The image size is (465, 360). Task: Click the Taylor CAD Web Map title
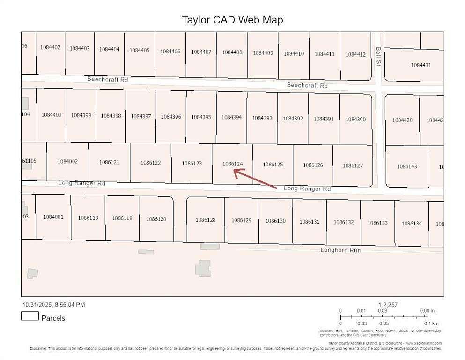pyautogui.click(x=232, y=20)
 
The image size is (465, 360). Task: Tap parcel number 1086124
pyautogui.click(x=233, y=164)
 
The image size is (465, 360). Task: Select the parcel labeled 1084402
pyautogui.click(x=50, y=47)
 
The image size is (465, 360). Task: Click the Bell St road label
pyautogui.click(x=378, y=56)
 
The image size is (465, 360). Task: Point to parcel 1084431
pyautogui.click(x=421, y=65)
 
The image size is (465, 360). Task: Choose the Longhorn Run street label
pyautogui.click(x=340, y=250)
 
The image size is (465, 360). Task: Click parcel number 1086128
pyautogui.click(x=206, y=220)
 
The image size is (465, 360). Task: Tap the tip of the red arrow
pyautogui.click(x=234, y=171)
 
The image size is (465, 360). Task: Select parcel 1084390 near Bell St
pyautogui.click(x=355, y=120)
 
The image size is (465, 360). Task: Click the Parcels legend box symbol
pyautogui.click(x=30, y=316)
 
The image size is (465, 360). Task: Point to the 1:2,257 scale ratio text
pyautogui.click(x=388, y=305)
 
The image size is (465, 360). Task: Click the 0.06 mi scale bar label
pyautogui.click(x=427, y=311)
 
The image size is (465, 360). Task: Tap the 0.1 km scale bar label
pyautogui.click(x=432, y=323)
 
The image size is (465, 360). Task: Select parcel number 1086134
pyautogui.click(x=411, y=224)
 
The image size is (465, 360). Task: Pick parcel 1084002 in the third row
pyautogui.click(x=67, y=161)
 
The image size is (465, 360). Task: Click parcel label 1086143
pyautogui.click(x=406, y=166)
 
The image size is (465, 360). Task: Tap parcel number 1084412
pyautogui.click(x=355, y=55)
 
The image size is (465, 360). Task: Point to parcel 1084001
pyautogui.click(x=53, y=217)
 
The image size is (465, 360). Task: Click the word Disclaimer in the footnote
pyautogui.click(x=38, y=349)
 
